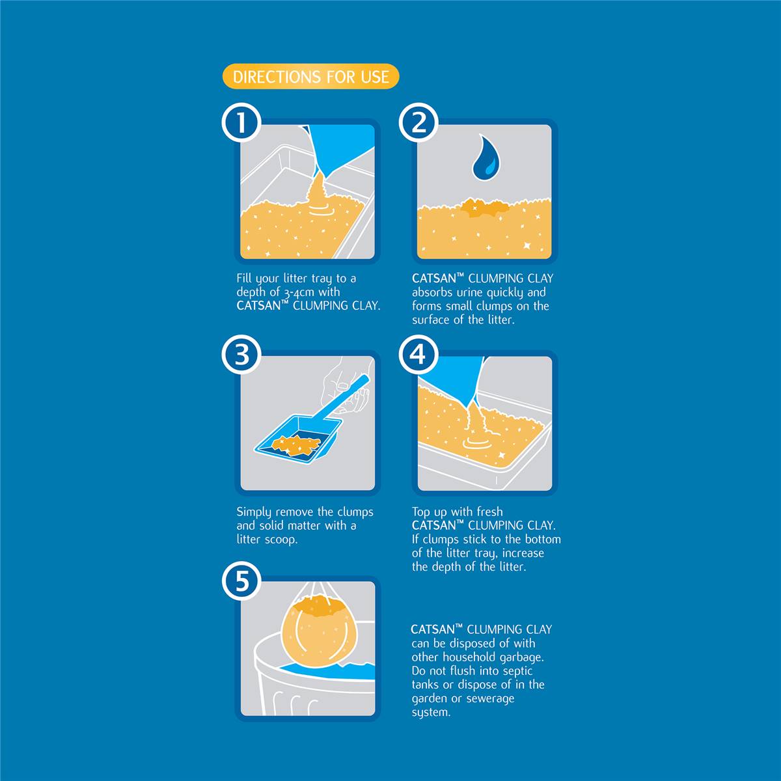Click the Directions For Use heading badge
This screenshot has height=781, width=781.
pos(311,76)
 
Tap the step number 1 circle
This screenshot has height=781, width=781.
pos(241,122)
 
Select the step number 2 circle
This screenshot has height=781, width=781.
pos(418,122)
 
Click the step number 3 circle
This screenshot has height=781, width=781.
pos(241,355)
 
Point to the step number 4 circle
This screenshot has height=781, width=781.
pos(418,355)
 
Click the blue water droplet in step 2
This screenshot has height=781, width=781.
pos(486,158)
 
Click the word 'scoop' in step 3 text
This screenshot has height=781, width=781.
pos(281,540)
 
